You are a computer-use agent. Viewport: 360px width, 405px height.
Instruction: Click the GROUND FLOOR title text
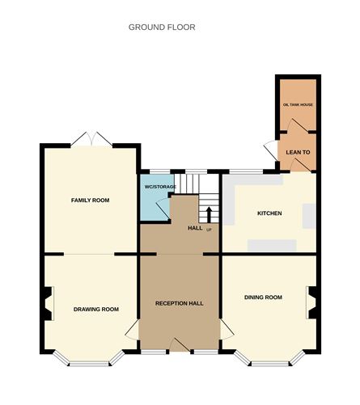pos(162,27)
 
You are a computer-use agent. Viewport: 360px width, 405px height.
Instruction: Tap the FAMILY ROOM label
pos(90,200)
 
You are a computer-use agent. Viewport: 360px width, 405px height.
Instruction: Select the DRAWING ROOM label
pos(96,309)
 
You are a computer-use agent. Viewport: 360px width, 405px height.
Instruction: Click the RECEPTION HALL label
pos(179,304)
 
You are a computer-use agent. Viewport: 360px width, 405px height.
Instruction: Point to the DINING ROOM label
pos(263,297)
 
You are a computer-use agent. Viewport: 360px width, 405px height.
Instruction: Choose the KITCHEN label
pos(269,213)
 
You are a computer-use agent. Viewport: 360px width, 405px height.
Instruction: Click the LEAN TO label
pos(296,152)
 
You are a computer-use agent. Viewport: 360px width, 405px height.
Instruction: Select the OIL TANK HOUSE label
pos(296,105)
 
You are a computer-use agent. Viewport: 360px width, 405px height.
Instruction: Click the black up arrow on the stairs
pos(209,214)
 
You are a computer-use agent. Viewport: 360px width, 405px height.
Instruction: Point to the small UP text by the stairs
pos(209,230)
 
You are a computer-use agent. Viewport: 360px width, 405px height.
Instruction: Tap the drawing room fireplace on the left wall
pos(48,304)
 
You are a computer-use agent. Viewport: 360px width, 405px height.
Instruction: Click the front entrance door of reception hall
pos(180,347)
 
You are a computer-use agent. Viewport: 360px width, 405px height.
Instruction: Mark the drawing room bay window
pos(89,360)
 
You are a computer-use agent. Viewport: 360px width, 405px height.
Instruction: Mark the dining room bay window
pos(269,360)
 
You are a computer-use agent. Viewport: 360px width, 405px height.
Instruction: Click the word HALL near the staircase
pos(195,228)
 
